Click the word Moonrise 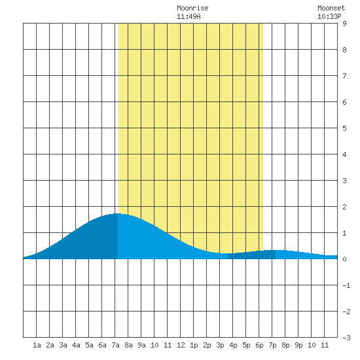192,9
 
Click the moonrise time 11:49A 189,16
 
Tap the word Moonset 331,9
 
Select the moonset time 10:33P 329,16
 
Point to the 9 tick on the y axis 344,24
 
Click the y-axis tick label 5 344,128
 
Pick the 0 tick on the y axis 344,259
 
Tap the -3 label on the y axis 346,338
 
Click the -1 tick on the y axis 346,285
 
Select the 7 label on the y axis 344,76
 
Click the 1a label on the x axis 37,345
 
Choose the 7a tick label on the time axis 115,345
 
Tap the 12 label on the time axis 181,345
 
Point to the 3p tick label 220,345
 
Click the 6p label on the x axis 259,345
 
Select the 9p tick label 298,345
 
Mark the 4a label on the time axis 76,345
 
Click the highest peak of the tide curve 118,214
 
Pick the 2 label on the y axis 344,207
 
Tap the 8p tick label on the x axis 285,345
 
